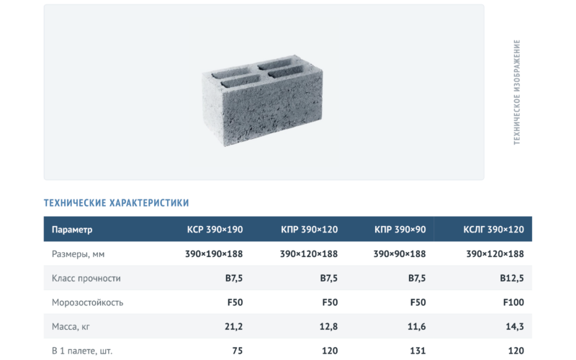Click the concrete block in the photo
pos(262,100)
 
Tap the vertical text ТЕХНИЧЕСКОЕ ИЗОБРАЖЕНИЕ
pos(517,92)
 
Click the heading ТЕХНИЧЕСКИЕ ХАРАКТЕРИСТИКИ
pos(117,203)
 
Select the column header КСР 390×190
pos(215,230)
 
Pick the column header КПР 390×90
pos(400,230)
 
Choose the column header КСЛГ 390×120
pos(493,230)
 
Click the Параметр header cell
pos(72,230)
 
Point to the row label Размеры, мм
pos(78,254)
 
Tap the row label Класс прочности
pos(86,278)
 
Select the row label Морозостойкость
pos(87,302)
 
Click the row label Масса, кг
pos(71,327)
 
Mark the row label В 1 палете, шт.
pos(82,351)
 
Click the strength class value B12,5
pos(512,278)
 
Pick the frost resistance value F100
pos(513,302)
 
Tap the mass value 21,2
pos(233,327)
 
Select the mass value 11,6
pos(417,327)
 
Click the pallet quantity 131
pos(418,351)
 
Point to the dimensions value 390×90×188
pos(400,254)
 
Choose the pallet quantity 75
pos(238,351)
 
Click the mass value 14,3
pos(515,327)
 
